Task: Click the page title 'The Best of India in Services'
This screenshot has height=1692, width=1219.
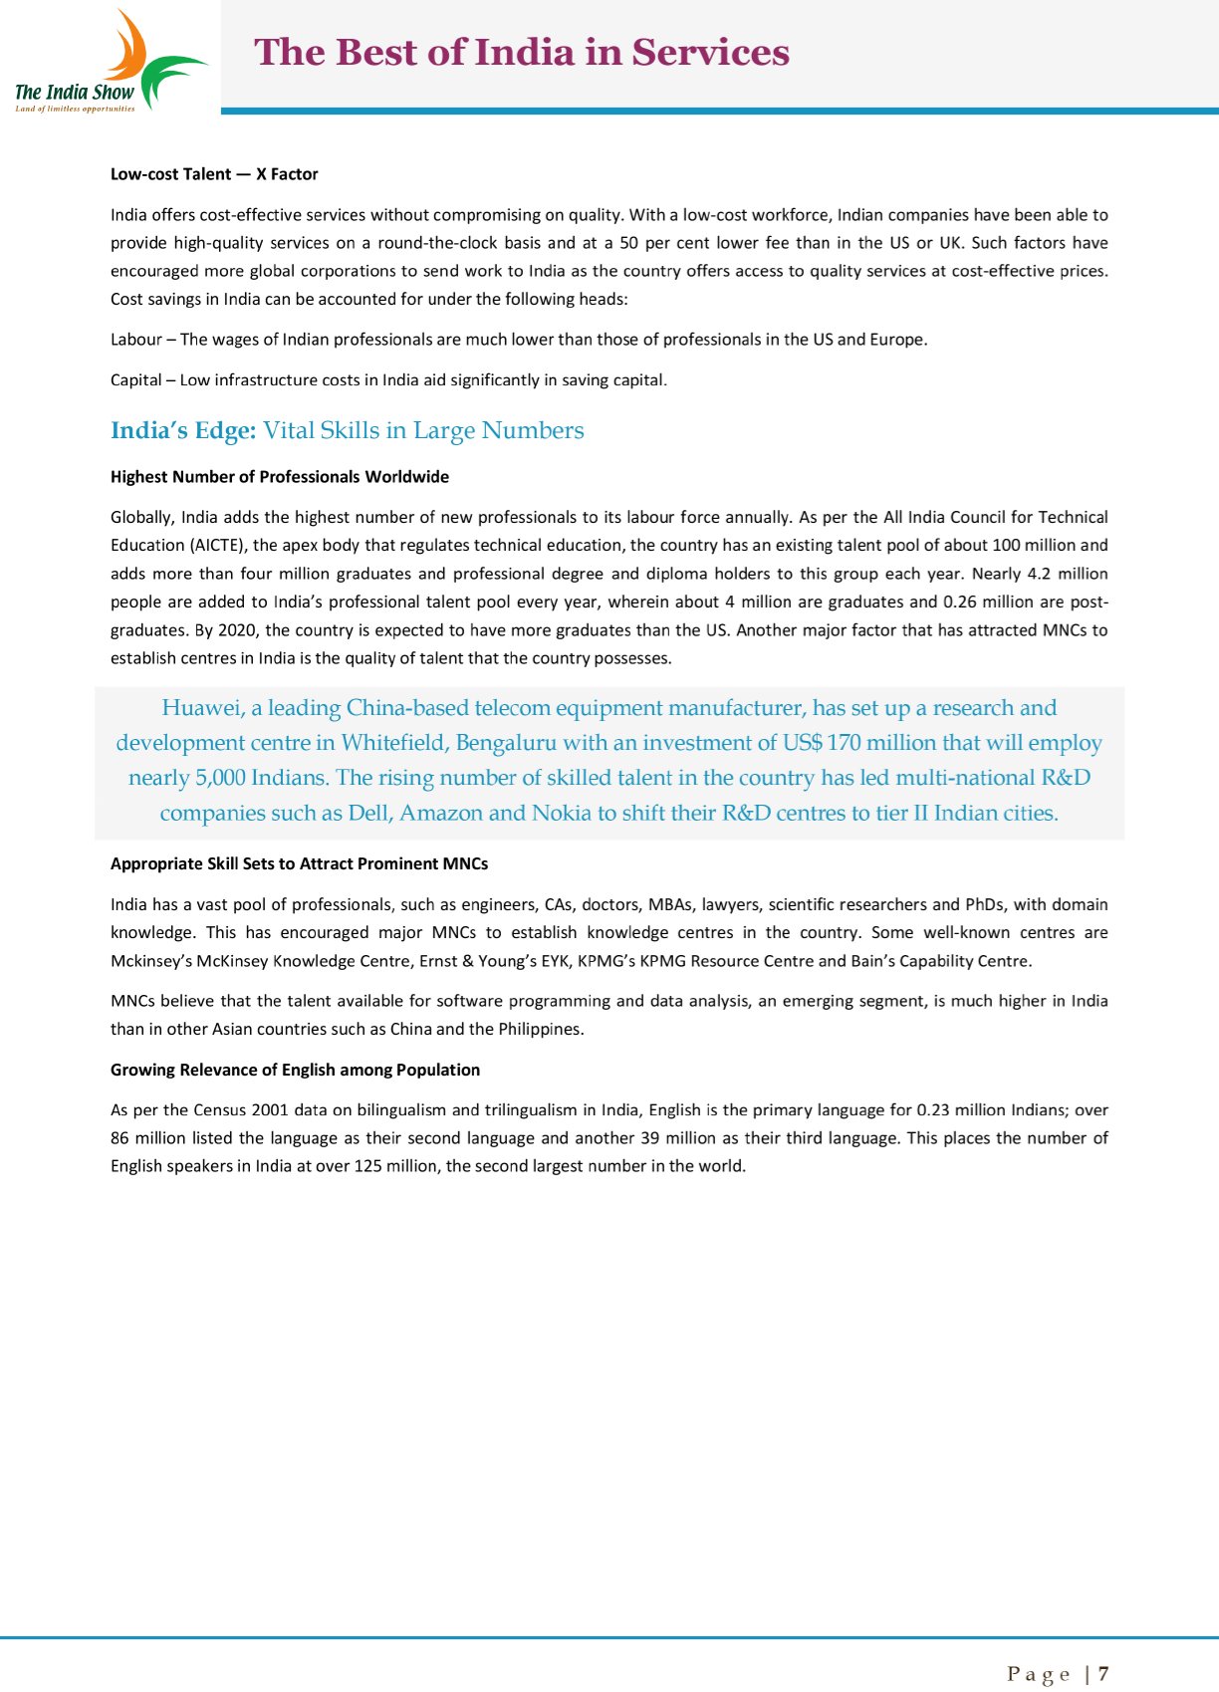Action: (522, 52)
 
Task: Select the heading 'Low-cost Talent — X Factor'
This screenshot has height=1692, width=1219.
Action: (214, 174)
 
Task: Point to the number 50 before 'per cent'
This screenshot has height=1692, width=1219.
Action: (628, 243)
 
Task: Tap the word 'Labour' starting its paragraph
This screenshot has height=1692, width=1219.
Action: (135, 340)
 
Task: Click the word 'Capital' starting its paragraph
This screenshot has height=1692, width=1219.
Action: (135, 379)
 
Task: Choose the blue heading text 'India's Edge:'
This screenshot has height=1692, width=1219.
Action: (183, 430)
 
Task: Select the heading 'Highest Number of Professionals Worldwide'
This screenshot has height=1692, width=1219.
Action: (279, 477)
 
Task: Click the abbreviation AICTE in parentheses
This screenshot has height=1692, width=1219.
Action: (217, 546)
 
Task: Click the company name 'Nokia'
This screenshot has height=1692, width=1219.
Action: (561, 813)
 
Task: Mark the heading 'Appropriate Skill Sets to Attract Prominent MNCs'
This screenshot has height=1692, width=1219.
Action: (299, 864)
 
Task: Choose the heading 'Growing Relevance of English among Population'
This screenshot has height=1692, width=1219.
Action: (295, 1070)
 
